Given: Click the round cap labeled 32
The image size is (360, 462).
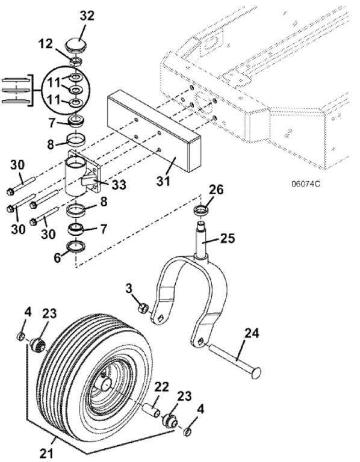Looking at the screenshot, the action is click(x=76, y=45).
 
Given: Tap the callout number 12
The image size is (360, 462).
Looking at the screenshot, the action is click(x=45, y=44).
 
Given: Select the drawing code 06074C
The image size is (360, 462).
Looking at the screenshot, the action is click(x=305, y=184).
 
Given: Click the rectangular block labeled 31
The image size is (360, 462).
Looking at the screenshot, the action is click(x=154, y=131).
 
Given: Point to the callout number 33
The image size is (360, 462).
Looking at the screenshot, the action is click(x=119, y=185).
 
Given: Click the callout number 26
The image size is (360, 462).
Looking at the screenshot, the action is click(x=216, y=189).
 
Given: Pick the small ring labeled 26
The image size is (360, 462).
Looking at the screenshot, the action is click(x=200, y=211).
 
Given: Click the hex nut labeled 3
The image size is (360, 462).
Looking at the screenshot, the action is click(x=143, y=308).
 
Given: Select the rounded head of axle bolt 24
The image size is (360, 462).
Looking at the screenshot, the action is click(x=255, y=372).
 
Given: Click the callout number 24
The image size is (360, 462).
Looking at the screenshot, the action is click(x=252, y=334).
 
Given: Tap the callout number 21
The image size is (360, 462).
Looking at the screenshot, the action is click(x=46, y=453).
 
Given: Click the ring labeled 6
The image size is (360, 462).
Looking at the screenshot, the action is click(x=76, y=246).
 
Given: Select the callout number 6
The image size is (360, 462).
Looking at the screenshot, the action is click(x=57, y=257).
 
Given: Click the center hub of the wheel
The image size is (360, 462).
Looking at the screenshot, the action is click(x=105, y=384).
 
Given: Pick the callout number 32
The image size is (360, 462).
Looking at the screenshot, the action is click(x=87, y=16).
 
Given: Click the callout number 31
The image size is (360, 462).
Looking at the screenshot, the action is click(x=163, y=181).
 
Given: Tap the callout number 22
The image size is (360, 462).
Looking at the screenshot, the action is click(x=161, y=387).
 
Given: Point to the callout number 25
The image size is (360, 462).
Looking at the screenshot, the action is click(x=228, y=238).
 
